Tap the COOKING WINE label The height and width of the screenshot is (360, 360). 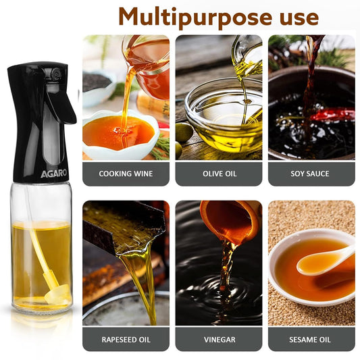pos(126,174)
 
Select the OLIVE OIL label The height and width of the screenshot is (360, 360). pos(219,174)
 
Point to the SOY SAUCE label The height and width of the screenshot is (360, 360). pos(311,174)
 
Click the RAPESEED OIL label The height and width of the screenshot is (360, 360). pos(126,339)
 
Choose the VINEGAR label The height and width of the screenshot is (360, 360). pos(219,339)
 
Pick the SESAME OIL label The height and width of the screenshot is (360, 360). pos(311,339)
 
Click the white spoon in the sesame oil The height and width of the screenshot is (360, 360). pos(328,260)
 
